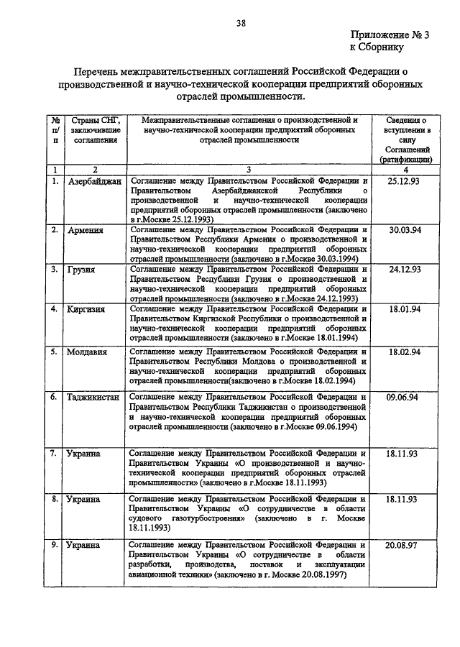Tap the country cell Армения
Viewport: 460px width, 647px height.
point(86,230)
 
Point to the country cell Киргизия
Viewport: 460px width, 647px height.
point(87,309)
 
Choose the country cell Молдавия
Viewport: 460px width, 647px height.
point(88,352)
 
